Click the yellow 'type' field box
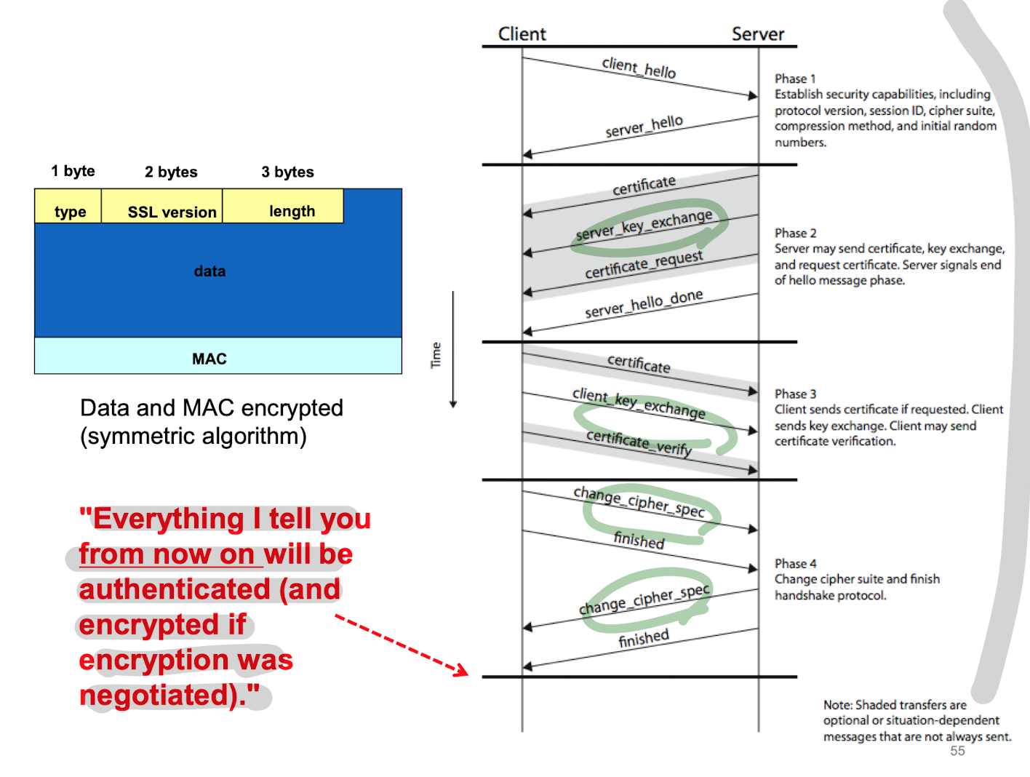pyautogui.click(x=69, y=207)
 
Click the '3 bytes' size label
pyautogui.click(x=287, y=172)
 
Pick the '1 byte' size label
pyautogui.click(x=73, y=171)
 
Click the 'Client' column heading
pyautogui.click(x=522, y=34)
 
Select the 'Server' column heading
pyautogui.click(x=757, y=34)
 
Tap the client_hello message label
pyautogui.click(x=639, y=68)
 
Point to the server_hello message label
pyautogui.click(x=644, y=126)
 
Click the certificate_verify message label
pyautogui.click(x=639, y=442)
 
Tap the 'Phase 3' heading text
pyautogui.click(x=795, y=394)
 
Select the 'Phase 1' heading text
pyautogui.click(x=795, y=79)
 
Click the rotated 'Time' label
pyautogui.click(x=436, y=355)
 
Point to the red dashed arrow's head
pyautogui.click(x=464, y=672)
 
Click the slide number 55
pyautogui.click(x=957, y=751)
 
